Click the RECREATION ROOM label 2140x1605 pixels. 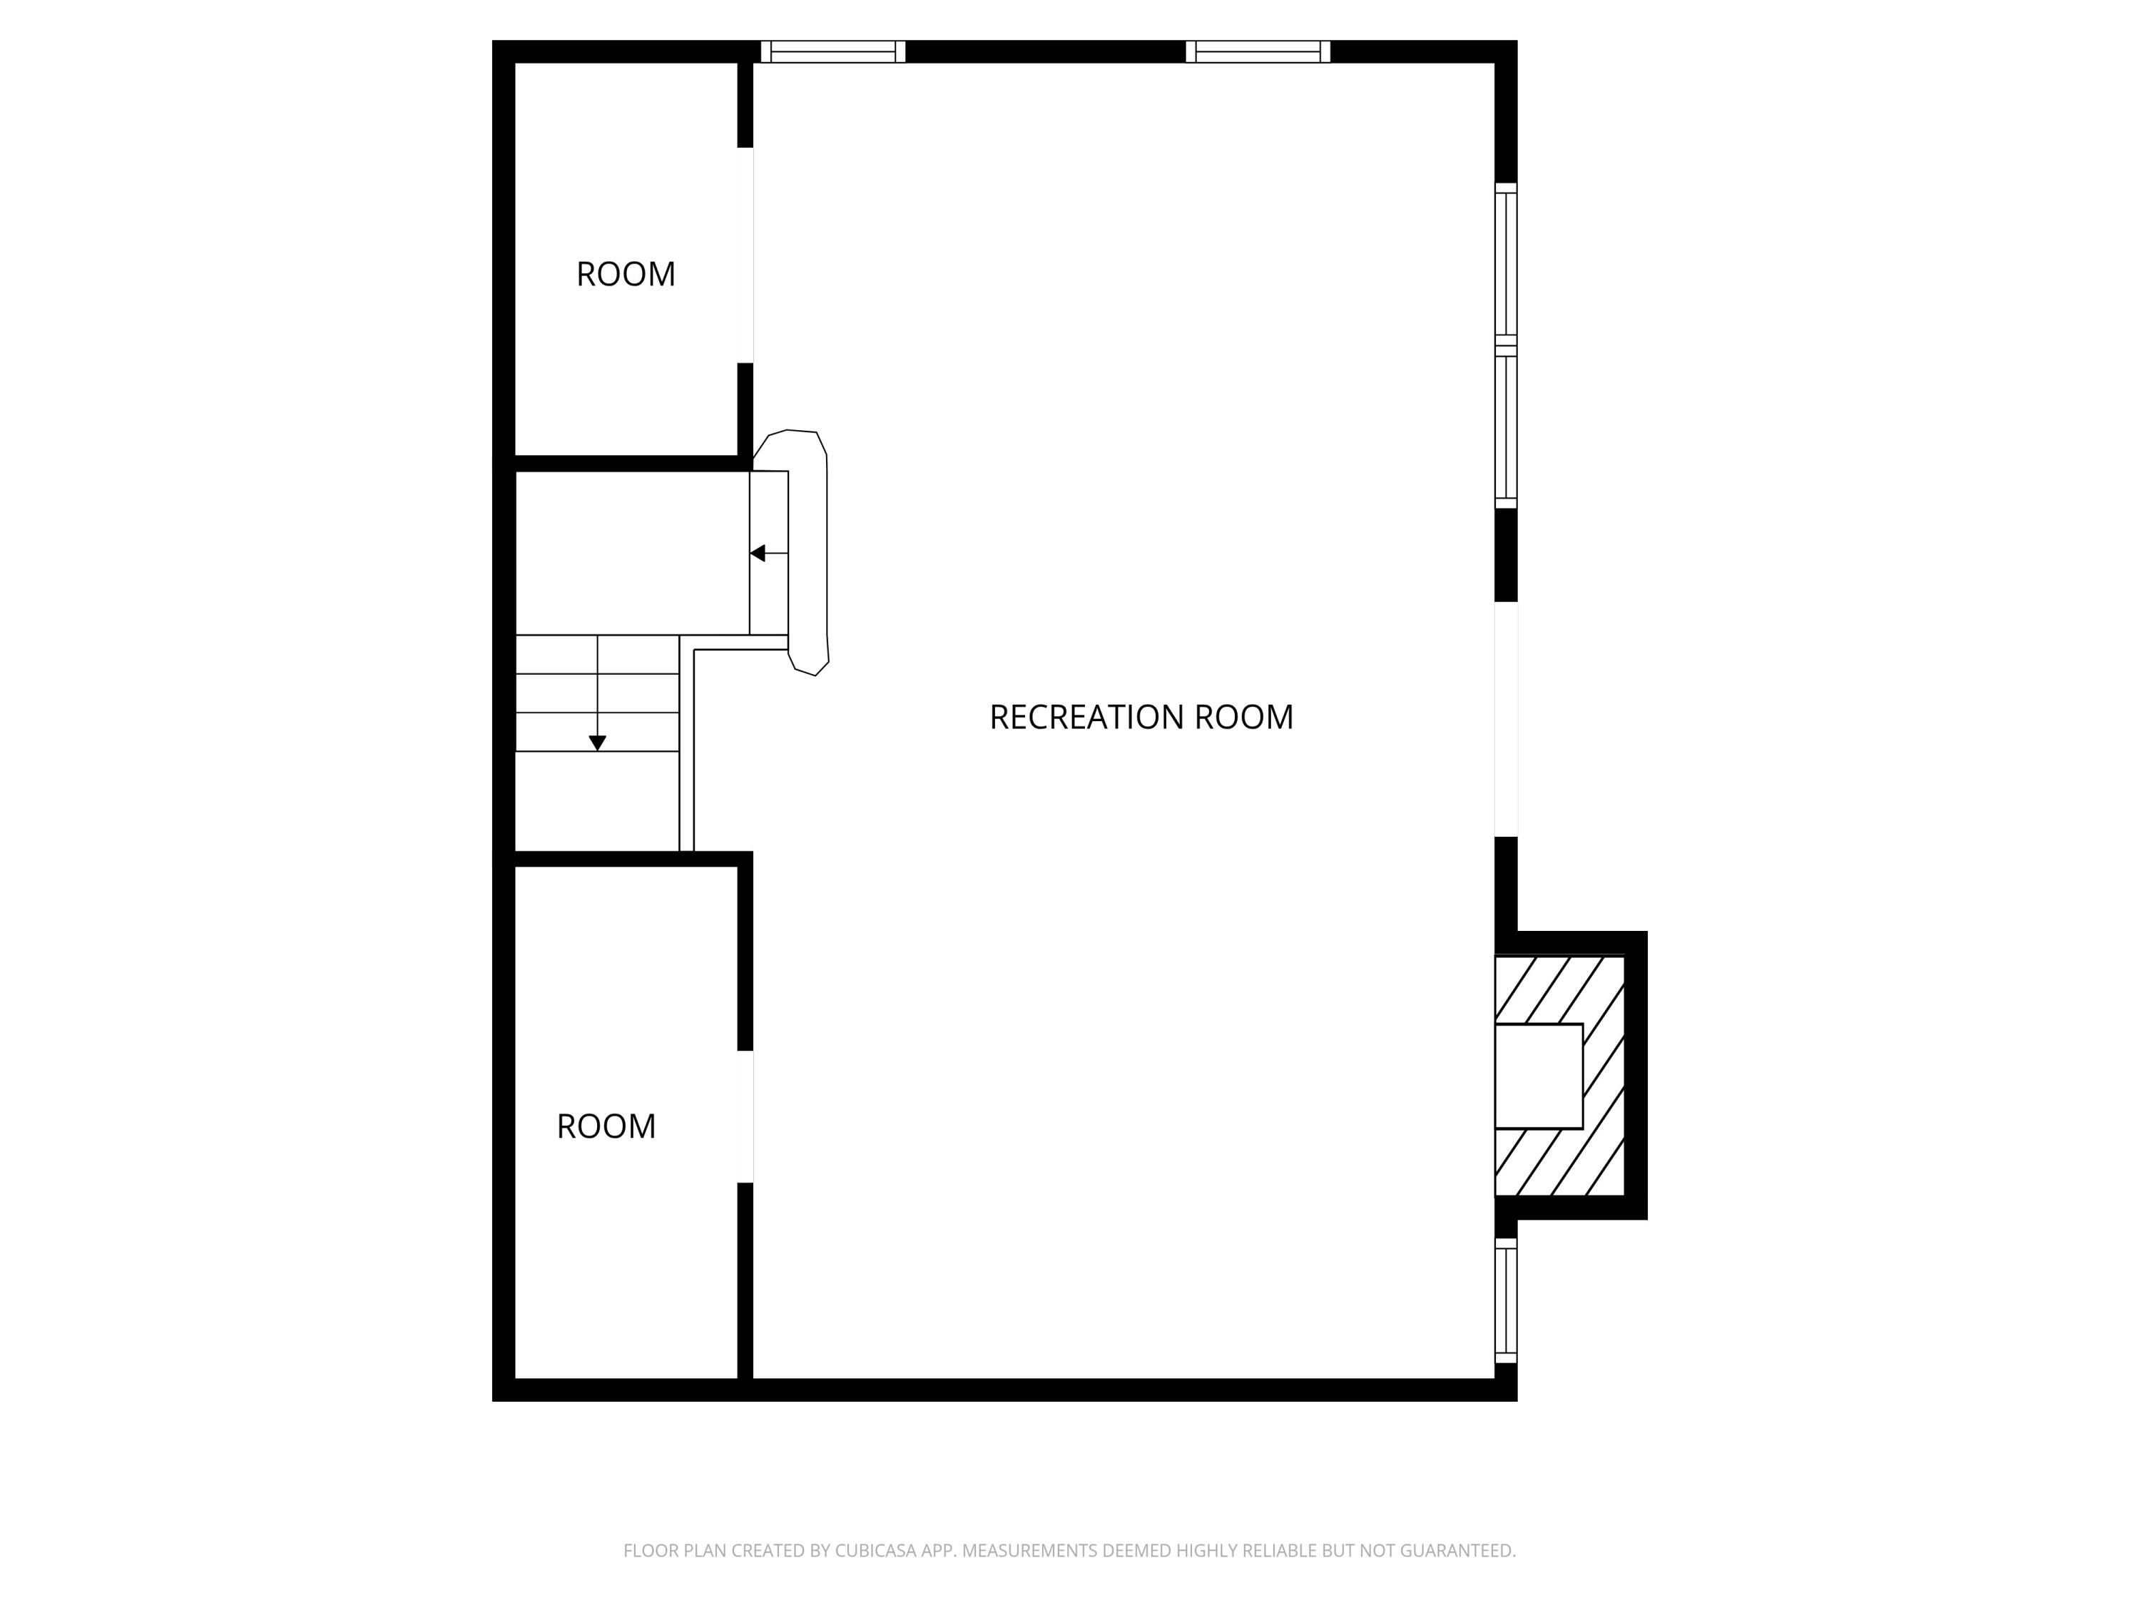pos(1141,718)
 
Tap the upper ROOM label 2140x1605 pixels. pos(625,275)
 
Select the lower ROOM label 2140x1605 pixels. pos(606,1126)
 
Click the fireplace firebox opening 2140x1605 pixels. pos(1538,1076)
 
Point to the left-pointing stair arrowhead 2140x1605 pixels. pos(758,554)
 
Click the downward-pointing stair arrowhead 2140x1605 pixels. pos(598,742)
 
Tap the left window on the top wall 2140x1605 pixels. pos(833,51)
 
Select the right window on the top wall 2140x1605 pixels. pos(1258,51)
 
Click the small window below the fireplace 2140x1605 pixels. pos(1507,1300)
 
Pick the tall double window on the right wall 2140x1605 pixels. pos(1507,345)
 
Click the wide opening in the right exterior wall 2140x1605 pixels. pos(1507,719)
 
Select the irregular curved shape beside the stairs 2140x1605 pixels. pos(809,551)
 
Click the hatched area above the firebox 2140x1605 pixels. pos(1558,989)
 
